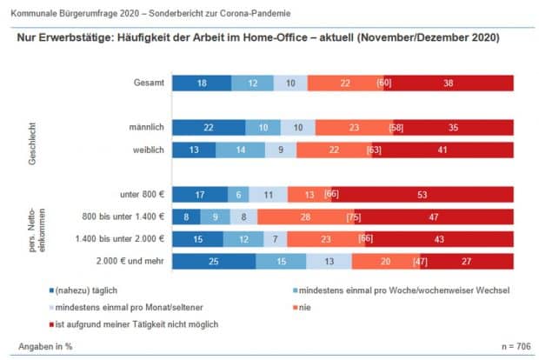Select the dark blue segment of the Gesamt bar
pyautogui.click(x=202, y=83)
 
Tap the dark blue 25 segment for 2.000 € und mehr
pyautogui.click(x=214, y=262)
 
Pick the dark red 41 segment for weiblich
pyautogui.click(x=443, y=150)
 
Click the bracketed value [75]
pyautogui.click(x=354, y=217)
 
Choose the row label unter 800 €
pyautogui.click(x=141, y=195)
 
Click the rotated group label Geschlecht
pyautogui.click(x=33, y=137)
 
